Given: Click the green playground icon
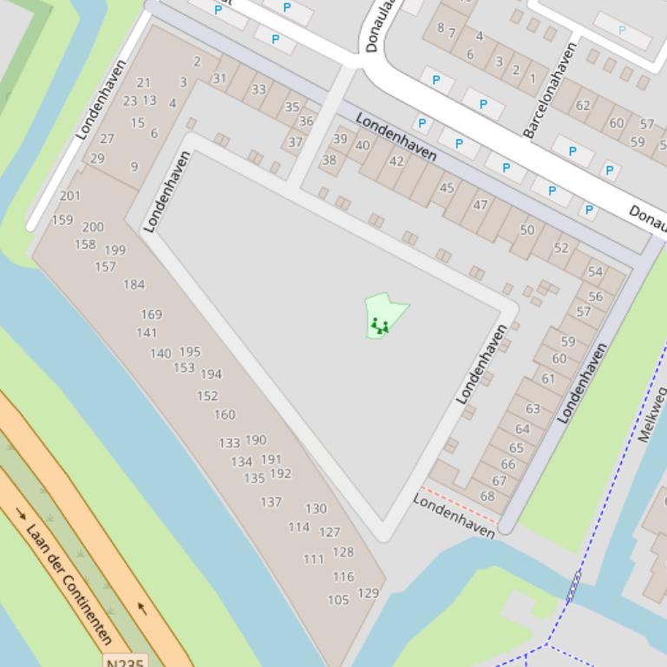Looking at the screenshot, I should tap(379, 326).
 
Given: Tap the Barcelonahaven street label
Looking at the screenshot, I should tap(550, 90).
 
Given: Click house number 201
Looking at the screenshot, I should tap(70, 196).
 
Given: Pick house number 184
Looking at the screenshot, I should tap(134, 284).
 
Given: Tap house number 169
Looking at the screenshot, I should tap(151, 314).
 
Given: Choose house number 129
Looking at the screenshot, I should tap(368, 593).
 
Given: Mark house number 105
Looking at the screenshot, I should tap(338, 599).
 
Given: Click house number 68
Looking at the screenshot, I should tap(487, 496).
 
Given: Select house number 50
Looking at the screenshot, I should tap(527, 230).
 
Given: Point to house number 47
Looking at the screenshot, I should tap(481, 205).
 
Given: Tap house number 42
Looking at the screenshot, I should tap(396, 161).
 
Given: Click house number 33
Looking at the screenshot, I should tap(258, 89).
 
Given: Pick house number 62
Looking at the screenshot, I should tap(583, 106).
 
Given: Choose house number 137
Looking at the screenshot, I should tap(271, 502).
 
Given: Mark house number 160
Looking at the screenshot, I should tap(225, 415).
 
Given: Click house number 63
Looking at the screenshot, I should tap(533, 409).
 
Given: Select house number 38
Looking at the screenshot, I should tap(329, 160).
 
